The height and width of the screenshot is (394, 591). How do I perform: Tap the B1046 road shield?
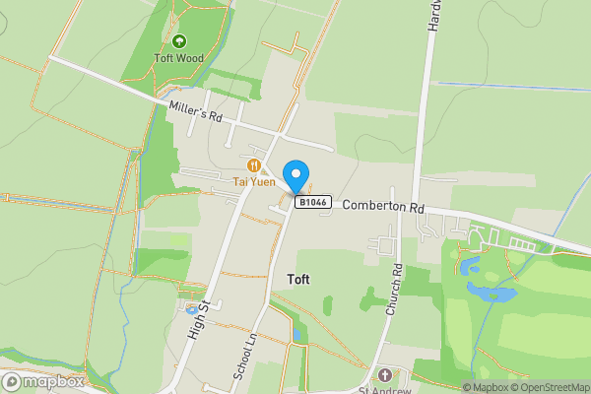coord(311,202)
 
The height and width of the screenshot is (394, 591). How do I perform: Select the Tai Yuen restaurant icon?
coord(254,166)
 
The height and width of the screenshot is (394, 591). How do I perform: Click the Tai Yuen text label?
coord(254,181)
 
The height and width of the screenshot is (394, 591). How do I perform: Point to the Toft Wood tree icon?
coord(179,41)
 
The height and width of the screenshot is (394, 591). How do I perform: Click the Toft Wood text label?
coord(179,58)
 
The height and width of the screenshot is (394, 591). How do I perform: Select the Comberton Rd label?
coord(383,208)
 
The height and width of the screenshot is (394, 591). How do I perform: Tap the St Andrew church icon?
coord(384,375)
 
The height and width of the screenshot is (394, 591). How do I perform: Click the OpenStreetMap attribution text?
coord(547,387)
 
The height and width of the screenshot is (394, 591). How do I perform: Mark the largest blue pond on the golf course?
coord(492,293)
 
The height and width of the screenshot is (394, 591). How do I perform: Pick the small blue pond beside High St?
coord(191,309)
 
